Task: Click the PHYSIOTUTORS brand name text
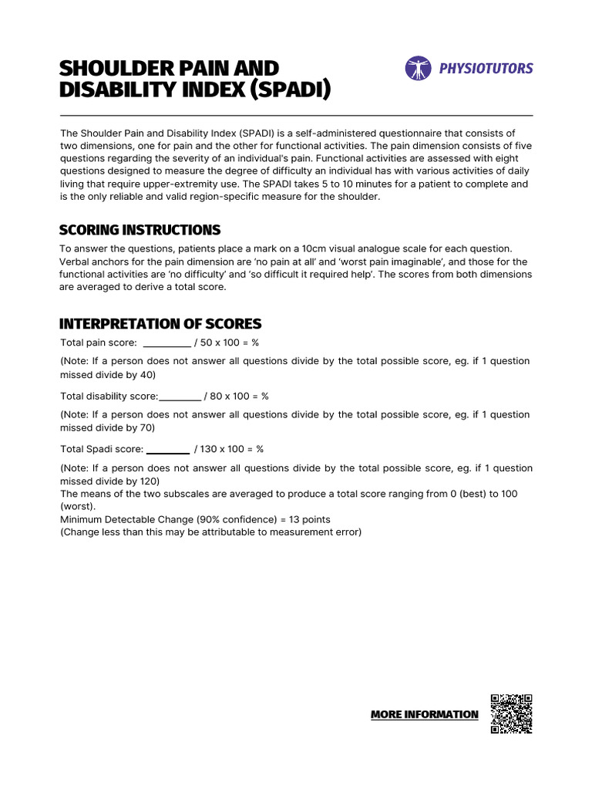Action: click(486, 69)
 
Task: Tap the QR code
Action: click(511, 714)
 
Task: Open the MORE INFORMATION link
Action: click(424, 714)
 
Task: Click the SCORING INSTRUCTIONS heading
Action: click(140, 230)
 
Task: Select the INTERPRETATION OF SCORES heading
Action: click(160, 323)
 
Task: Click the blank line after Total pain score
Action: click(166, 343)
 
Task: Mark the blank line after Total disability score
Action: click(180, 396)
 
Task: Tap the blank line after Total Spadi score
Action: click(167, 449)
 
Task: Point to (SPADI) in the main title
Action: click(292, 90)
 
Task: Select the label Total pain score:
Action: click(99, 343)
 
